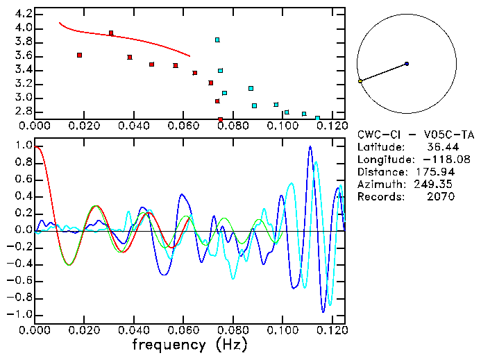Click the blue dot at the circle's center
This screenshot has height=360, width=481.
(407, 64)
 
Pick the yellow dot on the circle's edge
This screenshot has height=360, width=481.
(360, 81)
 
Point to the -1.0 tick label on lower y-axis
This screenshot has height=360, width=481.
(20, 314)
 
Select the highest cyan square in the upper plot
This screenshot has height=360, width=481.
(217, 40)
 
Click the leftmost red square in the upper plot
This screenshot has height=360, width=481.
(80, 55)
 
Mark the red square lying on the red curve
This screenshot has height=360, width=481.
(111, 33)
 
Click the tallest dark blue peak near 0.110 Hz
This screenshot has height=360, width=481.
(310, 147)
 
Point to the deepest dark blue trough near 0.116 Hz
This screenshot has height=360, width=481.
(323, 311)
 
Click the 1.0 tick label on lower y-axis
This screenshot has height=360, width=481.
(23, 146)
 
